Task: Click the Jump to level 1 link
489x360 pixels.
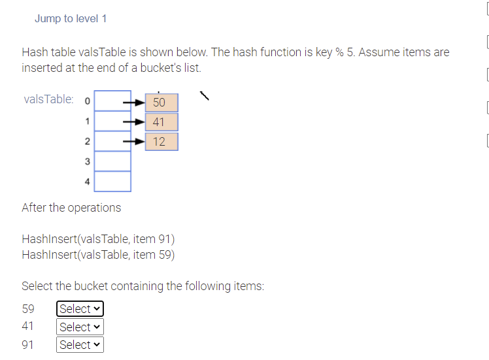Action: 71,18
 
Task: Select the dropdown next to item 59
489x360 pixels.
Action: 80,309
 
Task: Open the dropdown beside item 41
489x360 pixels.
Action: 80,327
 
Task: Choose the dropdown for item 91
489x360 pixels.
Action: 80,344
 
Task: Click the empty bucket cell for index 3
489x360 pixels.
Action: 112,161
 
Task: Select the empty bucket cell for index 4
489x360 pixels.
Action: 112,181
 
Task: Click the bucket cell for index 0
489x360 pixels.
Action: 112,101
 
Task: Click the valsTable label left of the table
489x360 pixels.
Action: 48,100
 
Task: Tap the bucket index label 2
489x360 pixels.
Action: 87,142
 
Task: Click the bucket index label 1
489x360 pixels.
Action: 87,121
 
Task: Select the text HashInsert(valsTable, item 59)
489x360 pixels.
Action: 98,255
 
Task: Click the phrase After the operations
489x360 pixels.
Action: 71,208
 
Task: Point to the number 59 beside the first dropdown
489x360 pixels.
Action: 29,309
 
